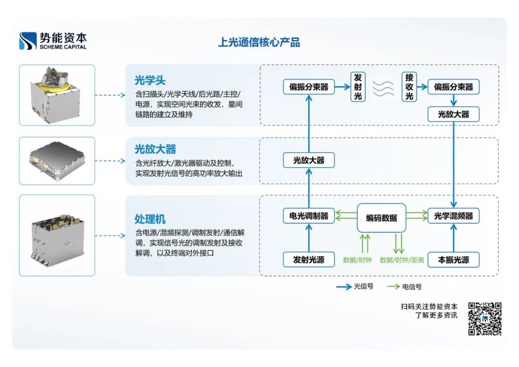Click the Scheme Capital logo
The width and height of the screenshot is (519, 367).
53,41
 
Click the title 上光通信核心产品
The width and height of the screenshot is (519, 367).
259,42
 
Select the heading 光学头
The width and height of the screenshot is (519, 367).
150,80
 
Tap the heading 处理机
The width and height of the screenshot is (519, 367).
150,219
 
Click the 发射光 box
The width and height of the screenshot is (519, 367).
358,87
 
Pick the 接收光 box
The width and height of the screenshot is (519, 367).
409,87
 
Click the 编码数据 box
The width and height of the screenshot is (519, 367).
382,218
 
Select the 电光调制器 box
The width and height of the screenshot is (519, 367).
309,216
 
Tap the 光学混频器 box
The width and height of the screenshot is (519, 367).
453,216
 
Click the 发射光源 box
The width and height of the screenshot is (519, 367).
309,260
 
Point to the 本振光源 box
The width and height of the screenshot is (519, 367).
453,260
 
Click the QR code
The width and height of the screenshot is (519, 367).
485,318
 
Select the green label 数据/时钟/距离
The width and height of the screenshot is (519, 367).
402,260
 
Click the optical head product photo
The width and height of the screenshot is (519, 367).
57,95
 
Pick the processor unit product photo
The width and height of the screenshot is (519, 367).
57,235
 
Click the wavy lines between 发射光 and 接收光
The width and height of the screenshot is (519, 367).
383,88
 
